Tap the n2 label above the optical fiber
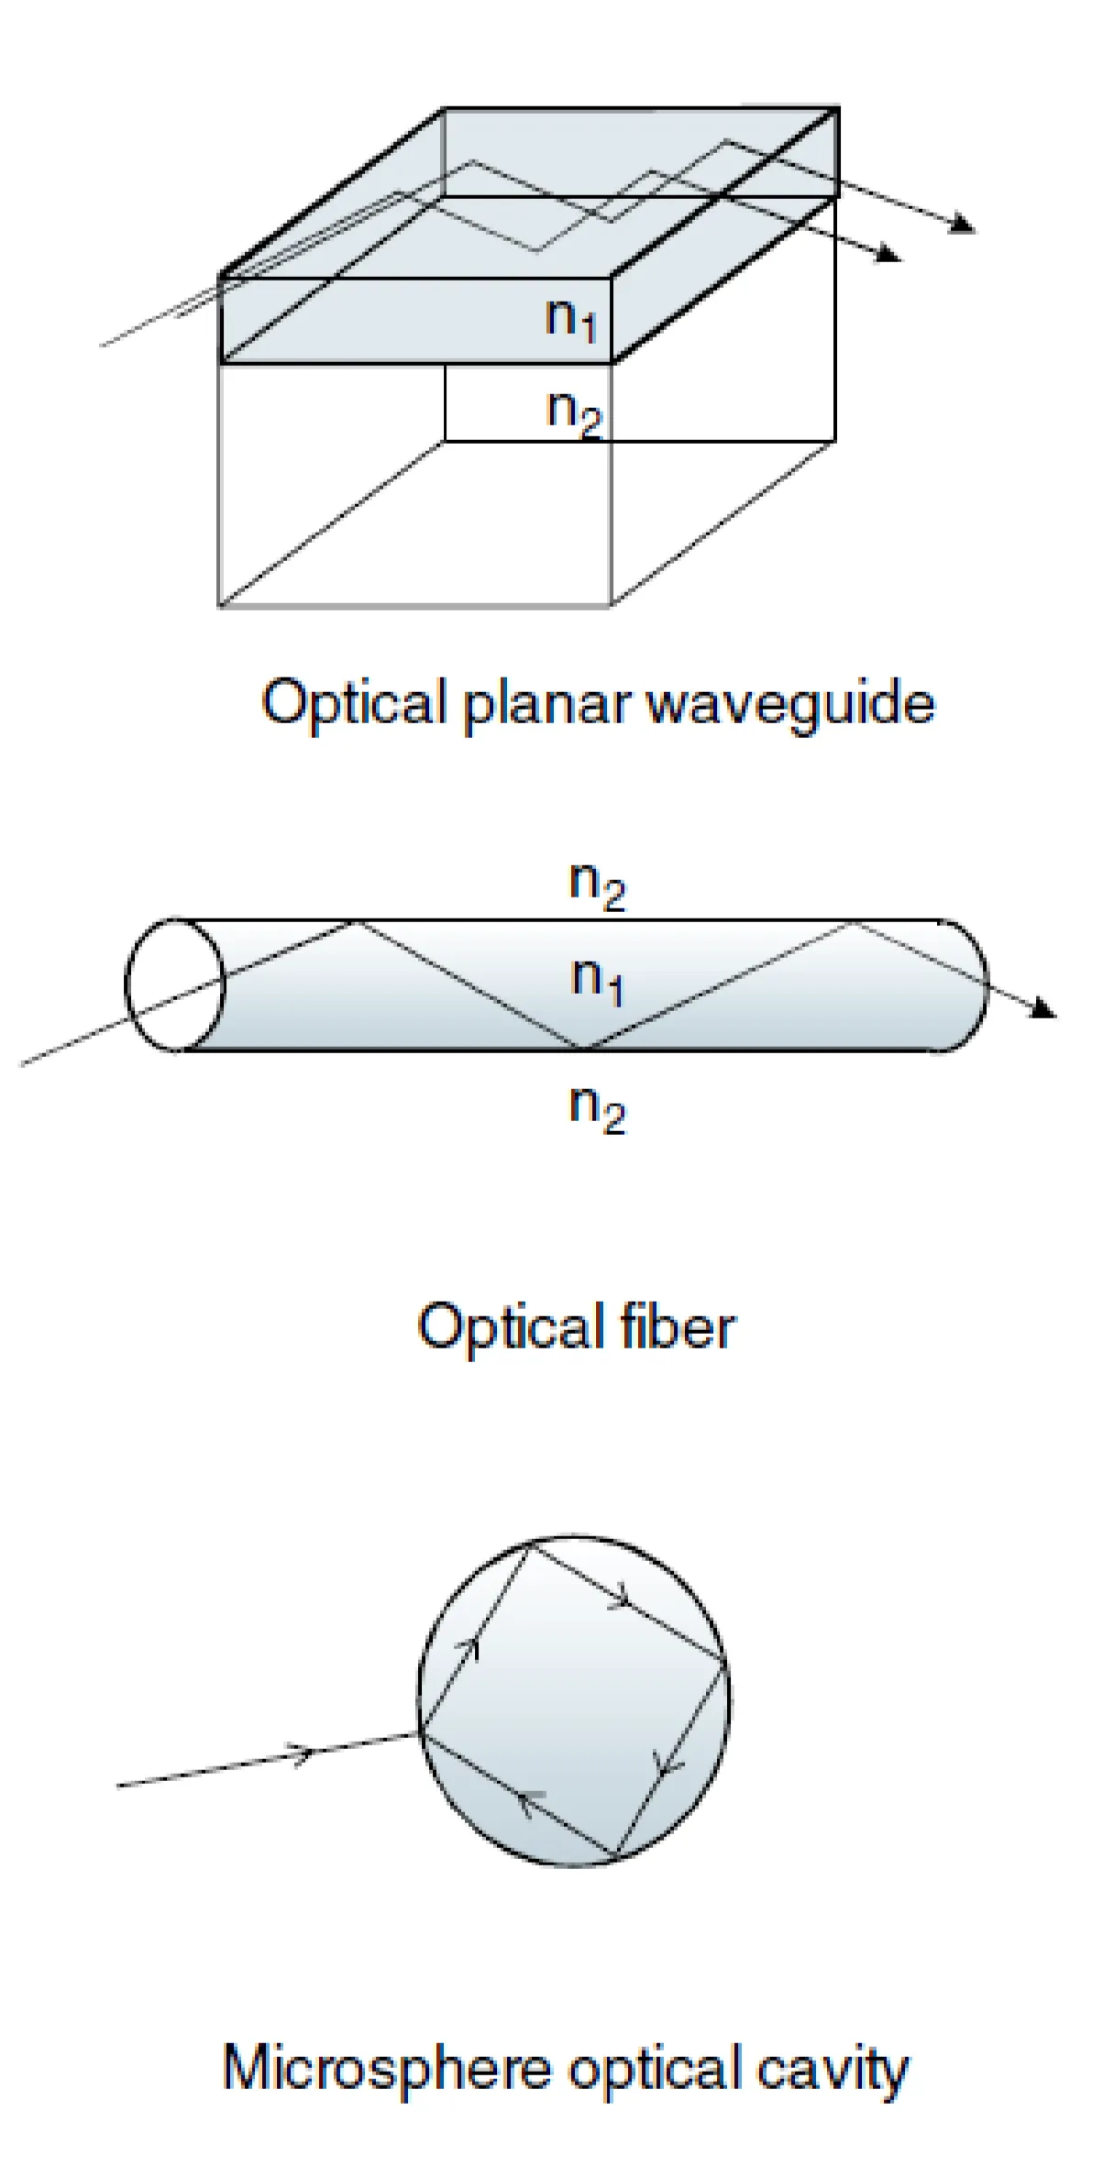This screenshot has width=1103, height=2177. point(597,885)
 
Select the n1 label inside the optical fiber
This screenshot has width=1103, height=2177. point(597,981)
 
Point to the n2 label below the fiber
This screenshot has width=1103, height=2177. point(597,1109)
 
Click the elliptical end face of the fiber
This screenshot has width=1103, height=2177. point(174,985)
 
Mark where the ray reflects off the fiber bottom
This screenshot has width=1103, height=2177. point(587,1048)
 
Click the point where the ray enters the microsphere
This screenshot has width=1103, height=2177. point(421,1732)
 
